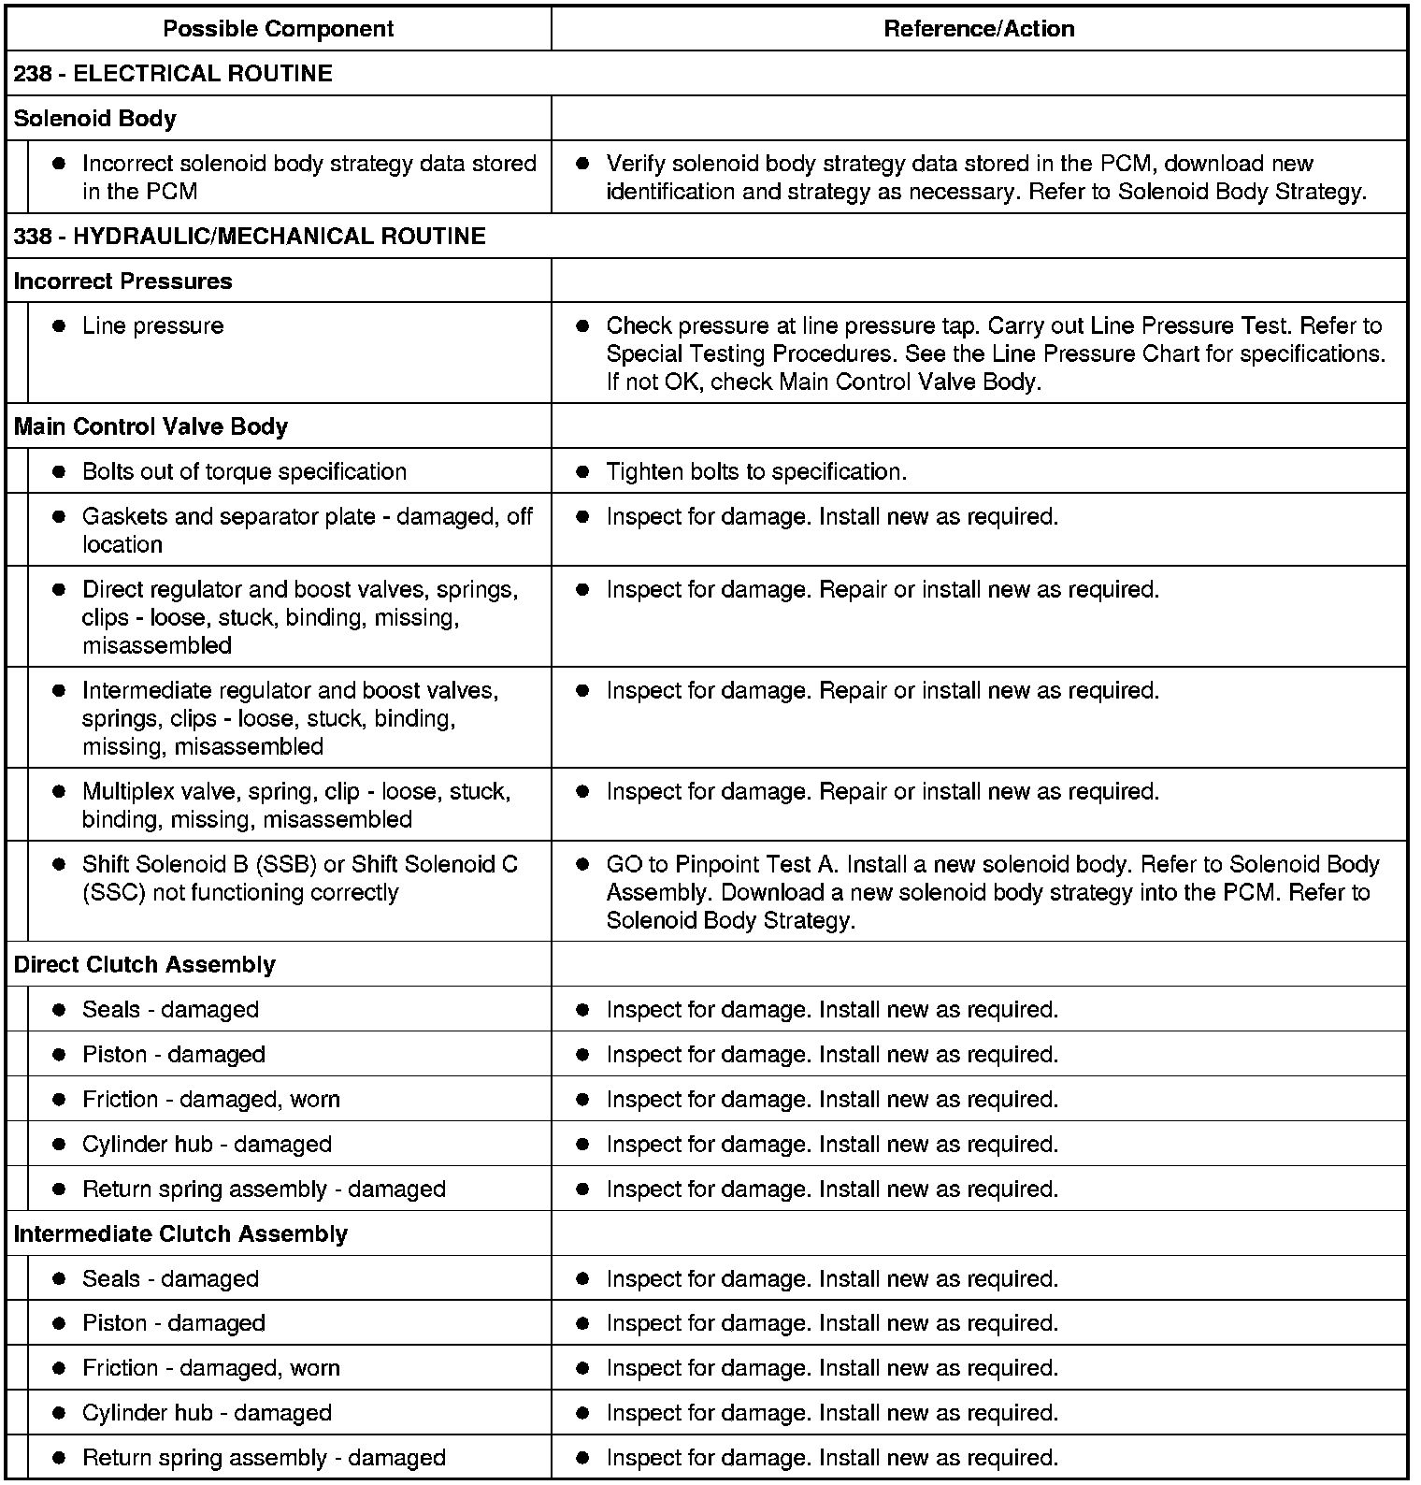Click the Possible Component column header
point(278,29)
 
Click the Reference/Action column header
point(979,29)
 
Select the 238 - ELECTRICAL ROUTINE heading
point(173,74)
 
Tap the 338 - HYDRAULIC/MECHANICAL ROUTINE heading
point(250,236)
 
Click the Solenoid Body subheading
point(94,119)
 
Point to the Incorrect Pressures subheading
point(122,281)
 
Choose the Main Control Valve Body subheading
point(151,427)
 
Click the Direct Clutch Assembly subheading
point(144,965)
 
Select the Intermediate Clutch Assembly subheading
point(180,1234)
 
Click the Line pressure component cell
point(152,326)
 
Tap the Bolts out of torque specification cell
point(244,472)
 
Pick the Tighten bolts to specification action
point(755,472)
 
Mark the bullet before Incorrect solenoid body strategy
point(59,164)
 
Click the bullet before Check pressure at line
point(582,326)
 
